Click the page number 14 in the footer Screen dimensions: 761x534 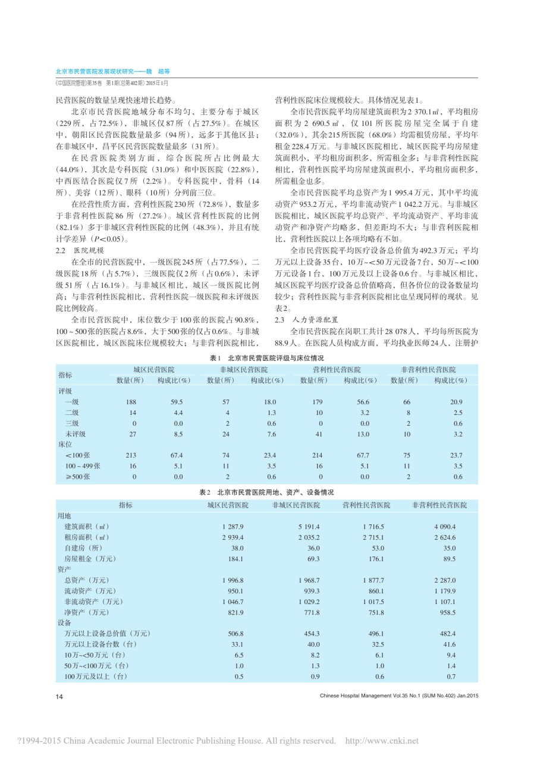pyautogui.click(x=59, y=697)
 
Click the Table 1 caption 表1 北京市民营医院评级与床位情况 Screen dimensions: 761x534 pyautogui.click(x=267, y=359)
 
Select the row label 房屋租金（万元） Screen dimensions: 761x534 pyautogui.click(x=90, y=559)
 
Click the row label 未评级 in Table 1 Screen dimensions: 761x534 pyautogui.click(x=76, y=433)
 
